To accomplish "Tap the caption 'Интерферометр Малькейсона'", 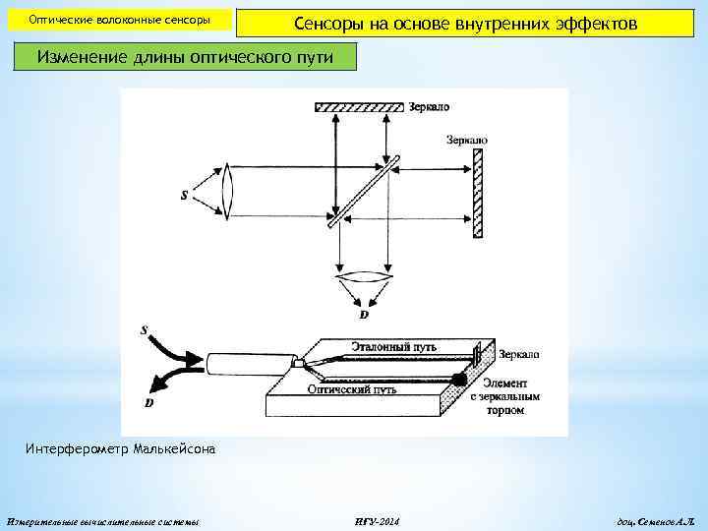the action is pos(118,449).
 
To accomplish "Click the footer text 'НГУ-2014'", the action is pos(376,520).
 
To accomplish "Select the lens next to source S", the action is pos(229,193).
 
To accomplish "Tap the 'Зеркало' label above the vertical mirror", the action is pos(466,141).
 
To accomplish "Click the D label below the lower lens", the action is pos(364,316).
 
